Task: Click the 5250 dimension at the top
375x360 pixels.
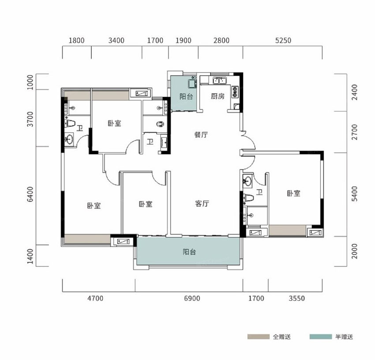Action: click(x=283, y=41)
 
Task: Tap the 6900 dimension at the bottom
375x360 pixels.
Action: click(x=192, y=298)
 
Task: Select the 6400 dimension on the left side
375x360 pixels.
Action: click(x=30, y=194)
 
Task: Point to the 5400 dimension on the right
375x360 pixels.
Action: click(x=355, y=194)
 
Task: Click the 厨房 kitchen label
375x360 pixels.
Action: click(x=217, y=96)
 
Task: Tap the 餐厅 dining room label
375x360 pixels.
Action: click(x=201, y=135)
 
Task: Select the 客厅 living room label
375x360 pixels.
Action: click(x=202, y=204)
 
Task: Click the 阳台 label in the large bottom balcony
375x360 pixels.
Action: click(x=189, y=252)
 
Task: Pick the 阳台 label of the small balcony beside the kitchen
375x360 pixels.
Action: click(x=186, y=97)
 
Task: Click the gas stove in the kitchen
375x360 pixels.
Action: click(x=235, y=92)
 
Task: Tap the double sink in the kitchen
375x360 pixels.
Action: click(x=220, y=80)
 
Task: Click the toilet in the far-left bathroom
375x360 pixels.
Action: click(x=70, y=123)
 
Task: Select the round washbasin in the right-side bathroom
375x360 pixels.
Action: click(x=247, y=180)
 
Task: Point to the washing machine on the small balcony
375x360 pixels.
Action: click(x=192, y=83)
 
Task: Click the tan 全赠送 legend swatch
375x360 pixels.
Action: click(x=258, y=337)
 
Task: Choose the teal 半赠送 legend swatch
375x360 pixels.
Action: click(x=320, y=337)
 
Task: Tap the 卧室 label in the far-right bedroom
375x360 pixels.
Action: click(x=293, y=193)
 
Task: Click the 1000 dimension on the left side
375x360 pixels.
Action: click(x=30, y=82)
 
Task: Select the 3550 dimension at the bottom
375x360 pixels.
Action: click(x=297, y=298)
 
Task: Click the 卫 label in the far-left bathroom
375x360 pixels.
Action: click(x=80, y=128)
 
